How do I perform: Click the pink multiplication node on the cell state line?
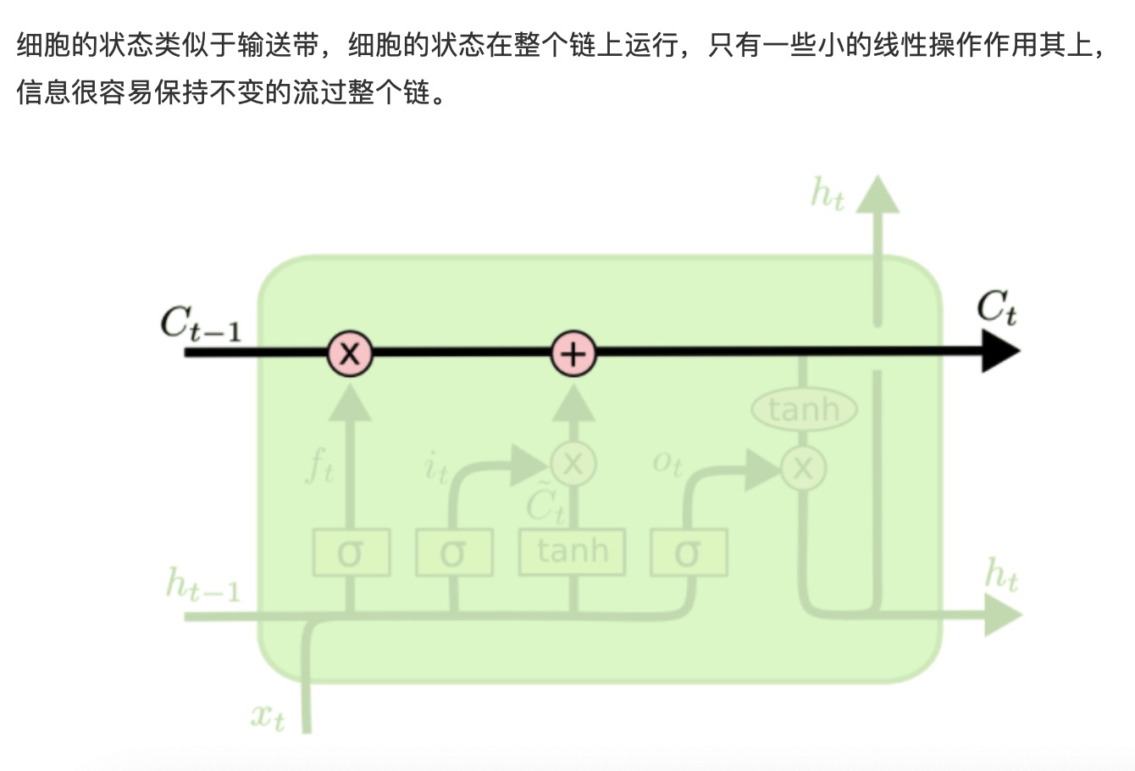click(x=350, y=353)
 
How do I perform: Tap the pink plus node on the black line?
click(x=573, y=353)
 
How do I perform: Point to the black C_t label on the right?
click(x=997, y=308)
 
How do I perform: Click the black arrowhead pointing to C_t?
click(x=999, y=351)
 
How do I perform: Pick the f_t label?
click(x=320, y=466)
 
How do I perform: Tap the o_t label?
click(x=667, y=463)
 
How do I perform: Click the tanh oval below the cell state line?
click(x=804, y=410)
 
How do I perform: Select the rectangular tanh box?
click(x=573, y=552)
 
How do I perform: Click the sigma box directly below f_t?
click(x=351, y=553)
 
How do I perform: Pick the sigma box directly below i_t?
click(x=454, y=553)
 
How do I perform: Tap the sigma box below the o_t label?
click(x=689, y=553)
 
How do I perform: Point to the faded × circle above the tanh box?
click(x=573, y=464)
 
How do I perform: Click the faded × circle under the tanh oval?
click(x=803, y=468)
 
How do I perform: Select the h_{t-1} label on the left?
click(x=203, y=585)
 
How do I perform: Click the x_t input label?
click(x=269, y=717)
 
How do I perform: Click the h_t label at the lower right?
click(x=1000, y=576)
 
